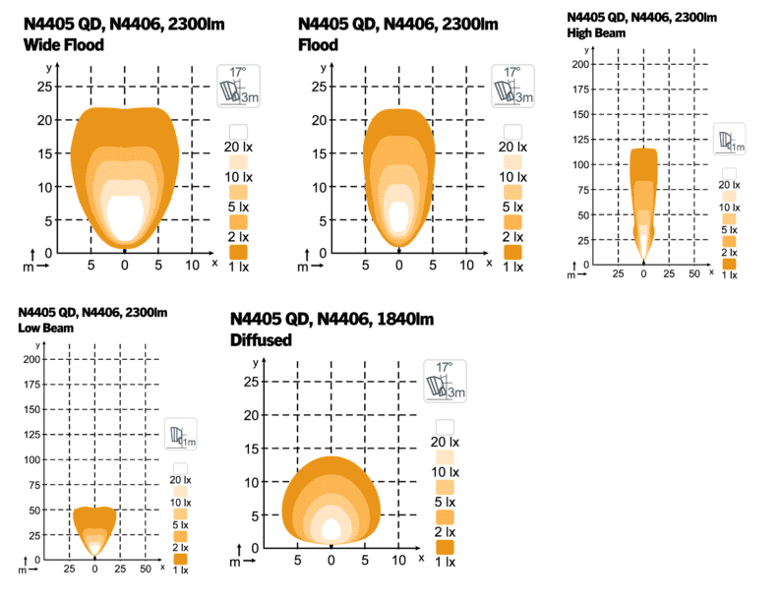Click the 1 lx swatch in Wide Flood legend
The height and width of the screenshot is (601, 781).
pos(238,253)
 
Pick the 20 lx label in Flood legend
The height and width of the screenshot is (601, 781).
pos(512,147)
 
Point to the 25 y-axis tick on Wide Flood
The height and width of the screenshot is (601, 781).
pos(43,87)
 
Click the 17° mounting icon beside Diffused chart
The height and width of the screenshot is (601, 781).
pos(445,382)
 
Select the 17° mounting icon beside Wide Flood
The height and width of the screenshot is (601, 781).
pos(237,86)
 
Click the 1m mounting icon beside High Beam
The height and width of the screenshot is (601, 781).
pos(729,141)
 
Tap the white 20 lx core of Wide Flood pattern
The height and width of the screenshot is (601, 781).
pos(125,217)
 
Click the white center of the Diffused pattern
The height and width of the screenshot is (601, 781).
pos(331,529)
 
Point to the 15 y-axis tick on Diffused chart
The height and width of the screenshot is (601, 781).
pos(251,449)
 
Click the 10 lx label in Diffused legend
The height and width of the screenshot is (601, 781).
pos(445,472)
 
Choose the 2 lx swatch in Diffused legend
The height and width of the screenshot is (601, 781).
pos(445,516)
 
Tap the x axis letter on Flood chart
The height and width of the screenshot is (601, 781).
pos(489,264)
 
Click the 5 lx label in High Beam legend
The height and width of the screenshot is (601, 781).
pos(729,229)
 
